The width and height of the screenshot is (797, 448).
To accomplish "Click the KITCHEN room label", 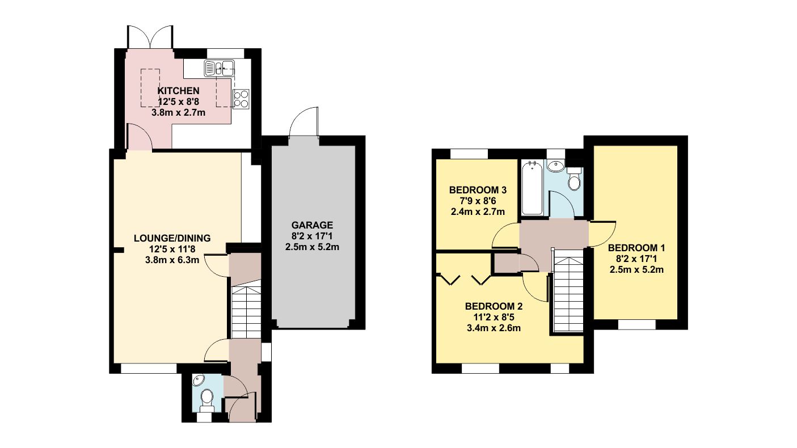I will pos(178,91).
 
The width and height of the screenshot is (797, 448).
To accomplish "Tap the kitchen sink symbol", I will pos(221,69).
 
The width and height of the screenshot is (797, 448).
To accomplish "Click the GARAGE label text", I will pos(313,225).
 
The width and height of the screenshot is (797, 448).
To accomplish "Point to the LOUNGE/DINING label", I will pos(172,238).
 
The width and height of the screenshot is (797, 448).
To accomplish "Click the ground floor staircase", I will pos(246,312).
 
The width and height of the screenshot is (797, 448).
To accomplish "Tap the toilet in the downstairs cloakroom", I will pos(207,398).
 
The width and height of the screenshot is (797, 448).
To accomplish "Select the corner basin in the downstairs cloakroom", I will pos(199,381).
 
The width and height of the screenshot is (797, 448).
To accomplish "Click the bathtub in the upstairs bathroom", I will pos(532,188).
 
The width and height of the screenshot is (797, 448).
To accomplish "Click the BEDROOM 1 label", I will pos(635,248).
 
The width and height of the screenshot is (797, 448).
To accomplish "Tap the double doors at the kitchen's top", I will pos(150,37).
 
